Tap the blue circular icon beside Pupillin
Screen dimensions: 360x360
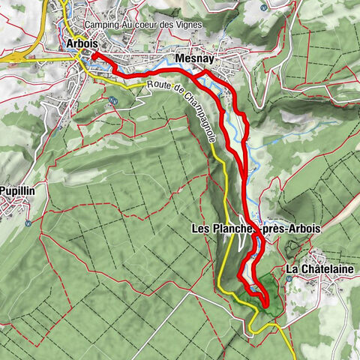(x=28, y=222)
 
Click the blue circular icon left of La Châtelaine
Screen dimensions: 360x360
(x=287, y=278)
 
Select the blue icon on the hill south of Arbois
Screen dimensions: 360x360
(x=112, y=100)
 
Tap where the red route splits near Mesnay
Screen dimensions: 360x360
(x=203, y=72)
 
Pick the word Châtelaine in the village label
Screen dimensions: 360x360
(x=323, y=268)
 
